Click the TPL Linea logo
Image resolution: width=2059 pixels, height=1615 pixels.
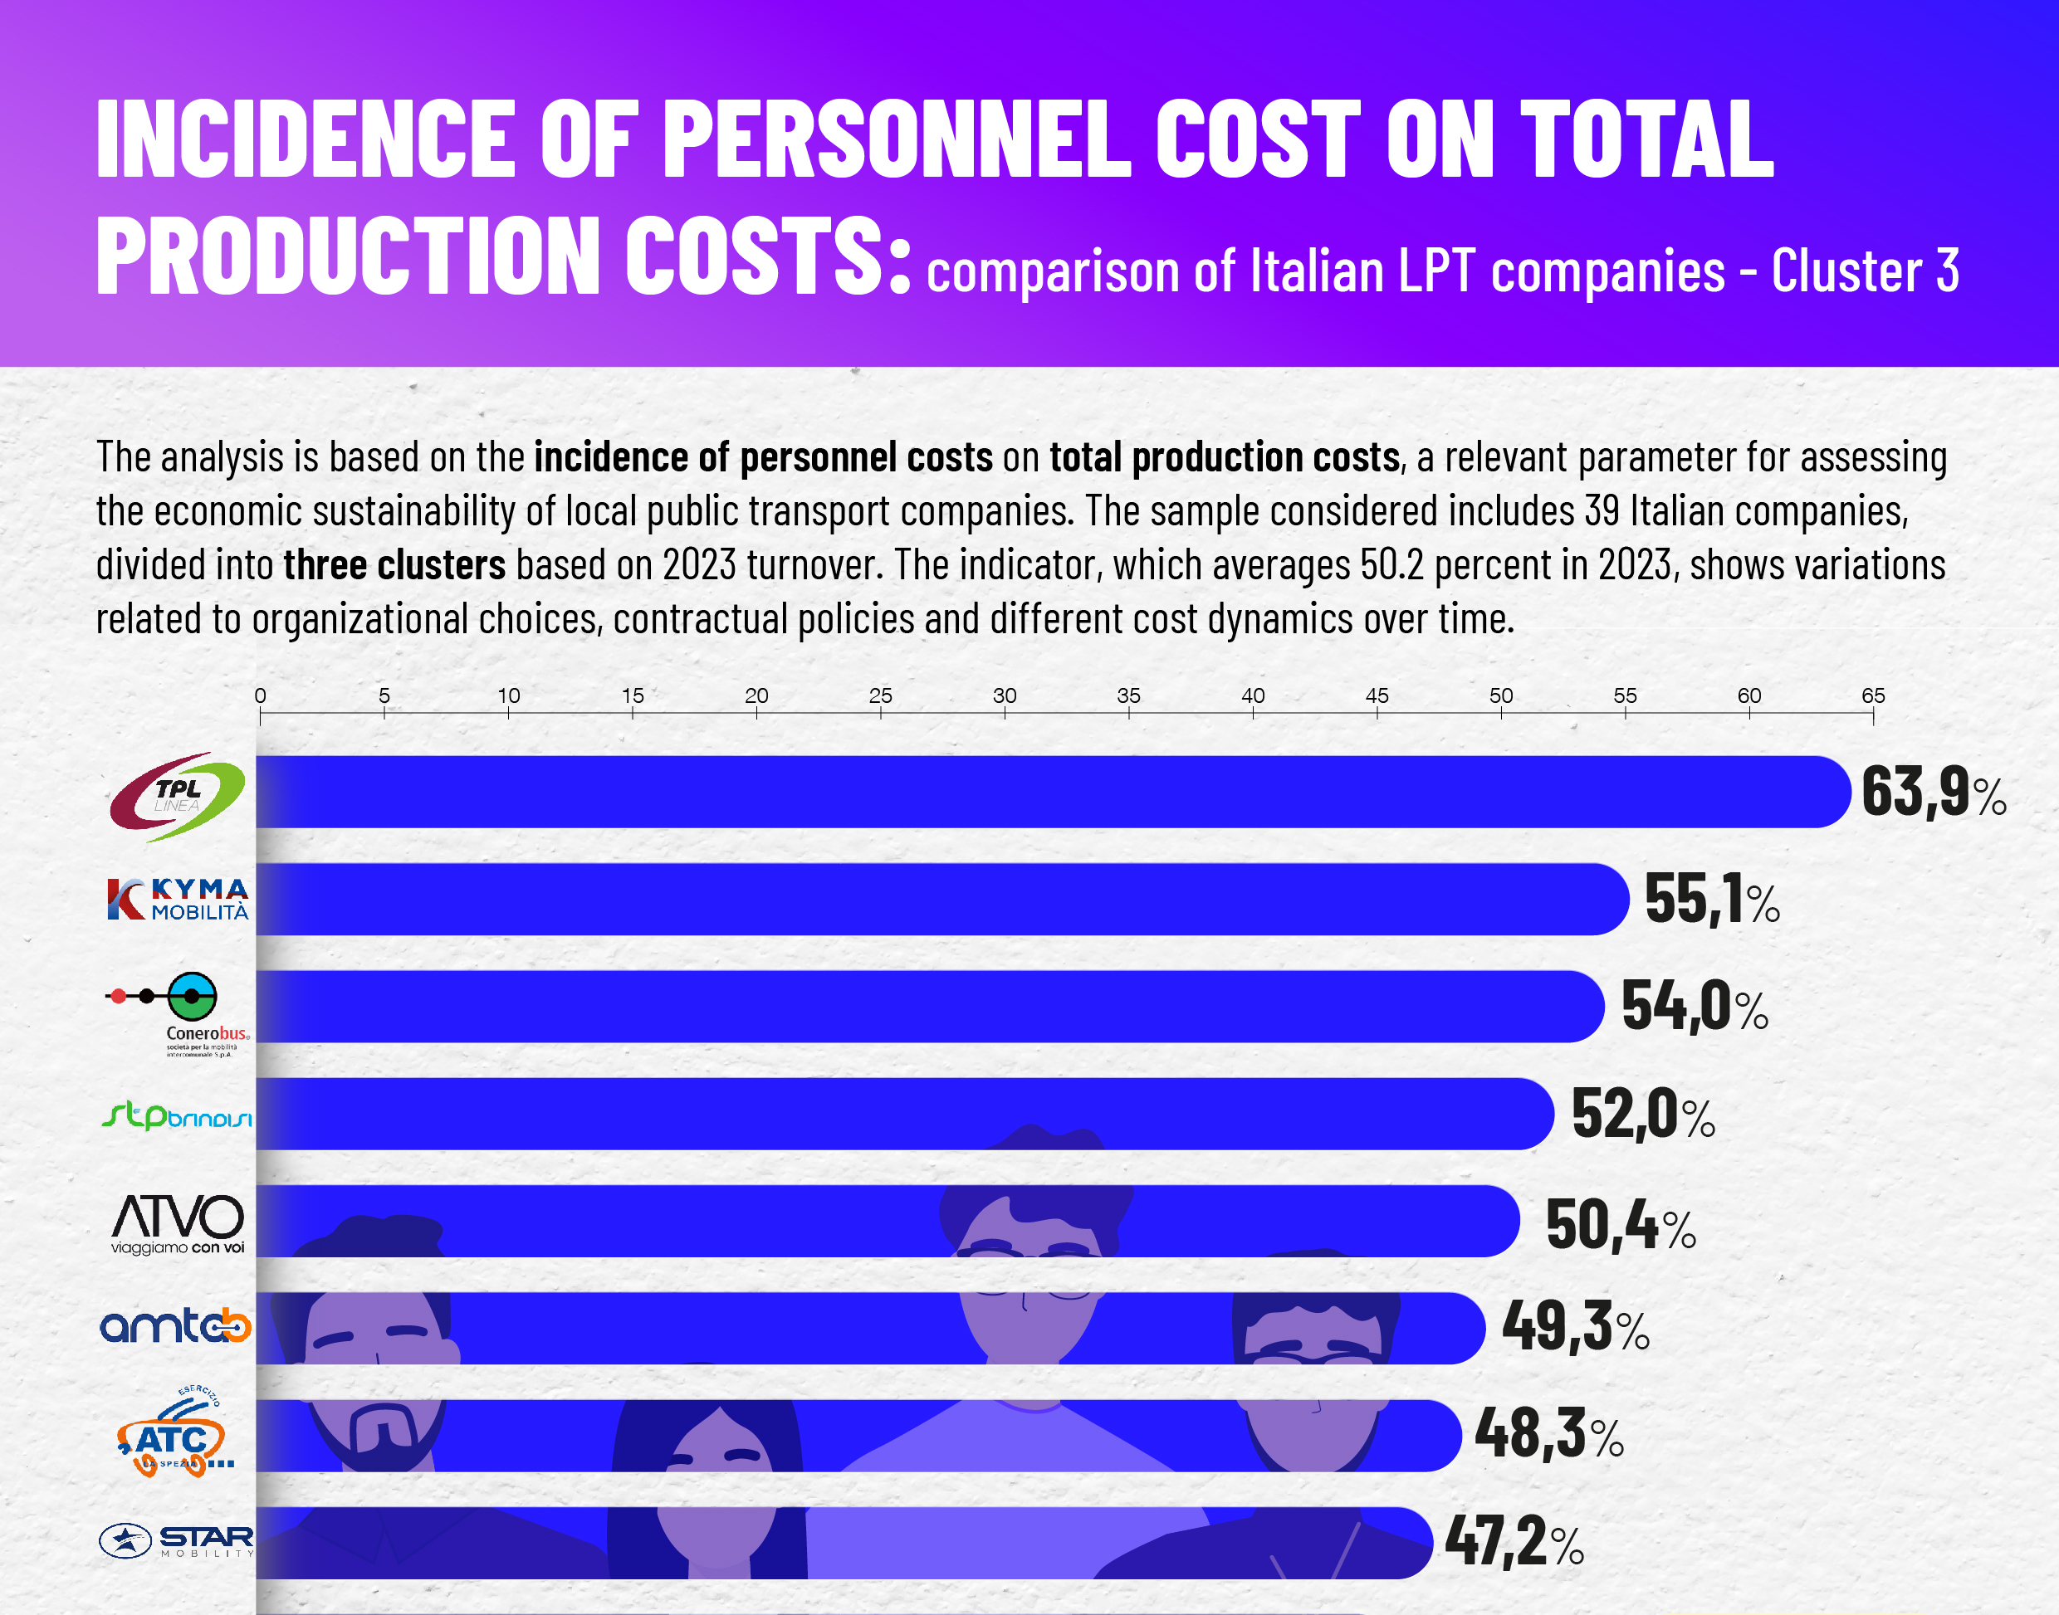177,796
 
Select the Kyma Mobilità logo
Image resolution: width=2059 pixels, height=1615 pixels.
177,900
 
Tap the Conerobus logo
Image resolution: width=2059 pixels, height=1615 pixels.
178,1013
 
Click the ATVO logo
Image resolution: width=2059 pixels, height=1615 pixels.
177,1223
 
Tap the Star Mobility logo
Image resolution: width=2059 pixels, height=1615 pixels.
177,1540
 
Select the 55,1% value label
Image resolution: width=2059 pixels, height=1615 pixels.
1712,900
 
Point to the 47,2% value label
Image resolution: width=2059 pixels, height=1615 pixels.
1514,1541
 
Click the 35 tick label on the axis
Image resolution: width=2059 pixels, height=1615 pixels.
1128,696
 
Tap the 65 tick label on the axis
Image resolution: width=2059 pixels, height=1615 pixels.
1873,696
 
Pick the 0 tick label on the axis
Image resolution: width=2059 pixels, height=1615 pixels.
260,696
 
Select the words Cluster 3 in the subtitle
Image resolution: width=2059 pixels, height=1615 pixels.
1864,271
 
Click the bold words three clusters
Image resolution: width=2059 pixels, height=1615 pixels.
394,565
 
